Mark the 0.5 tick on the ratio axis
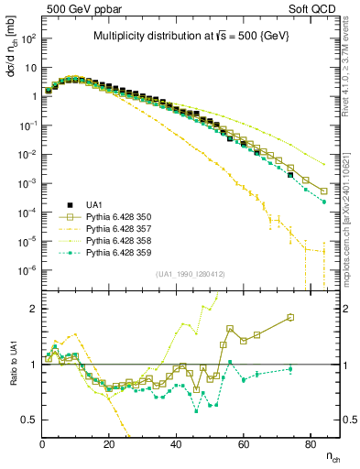(30, 420)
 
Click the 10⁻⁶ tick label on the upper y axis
(27, 269)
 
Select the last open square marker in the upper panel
(324, 191)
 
